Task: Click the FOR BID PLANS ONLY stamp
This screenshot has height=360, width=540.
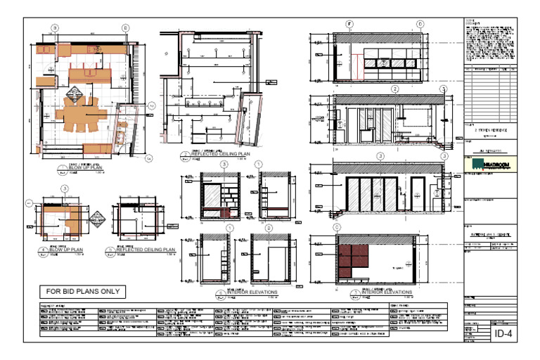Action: click(x=82, y=291)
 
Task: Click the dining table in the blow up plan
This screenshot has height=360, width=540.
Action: click(x=82, y=113)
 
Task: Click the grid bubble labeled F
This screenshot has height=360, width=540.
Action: click(x=349, y=25)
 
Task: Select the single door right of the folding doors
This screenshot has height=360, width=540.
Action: click(x=418, y=193)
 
